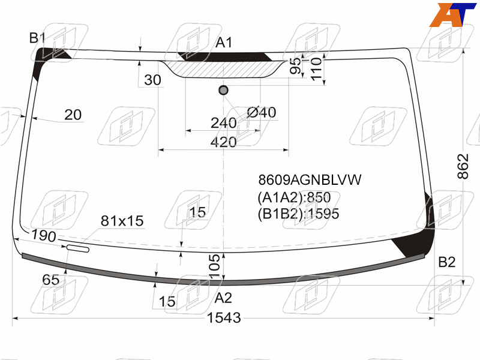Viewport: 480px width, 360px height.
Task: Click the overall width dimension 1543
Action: (x=224, y=318)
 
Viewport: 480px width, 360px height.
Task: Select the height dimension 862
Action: (x=463, y=166)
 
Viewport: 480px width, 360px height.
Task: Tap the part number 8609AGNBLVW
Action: (x=310, y=179)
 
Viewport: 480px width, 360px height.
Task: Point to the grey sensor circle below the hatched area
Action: (x=223, y=90)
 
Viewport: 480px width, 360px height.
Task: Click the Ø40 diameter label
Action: (x=262, y=112)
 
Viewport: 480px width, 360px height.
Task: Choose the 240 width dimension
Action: (x=223, y=123)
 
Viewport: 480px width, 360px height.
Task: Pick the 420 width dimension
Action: (x=223, y=142)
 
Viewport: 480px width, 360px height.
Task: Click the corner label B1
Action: (x=37, y=38)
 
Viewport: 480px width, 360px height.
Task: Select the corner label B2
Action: (x=446, y=262)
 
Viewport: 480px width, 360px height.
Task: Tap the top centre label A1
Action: (x=224, y=43)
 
